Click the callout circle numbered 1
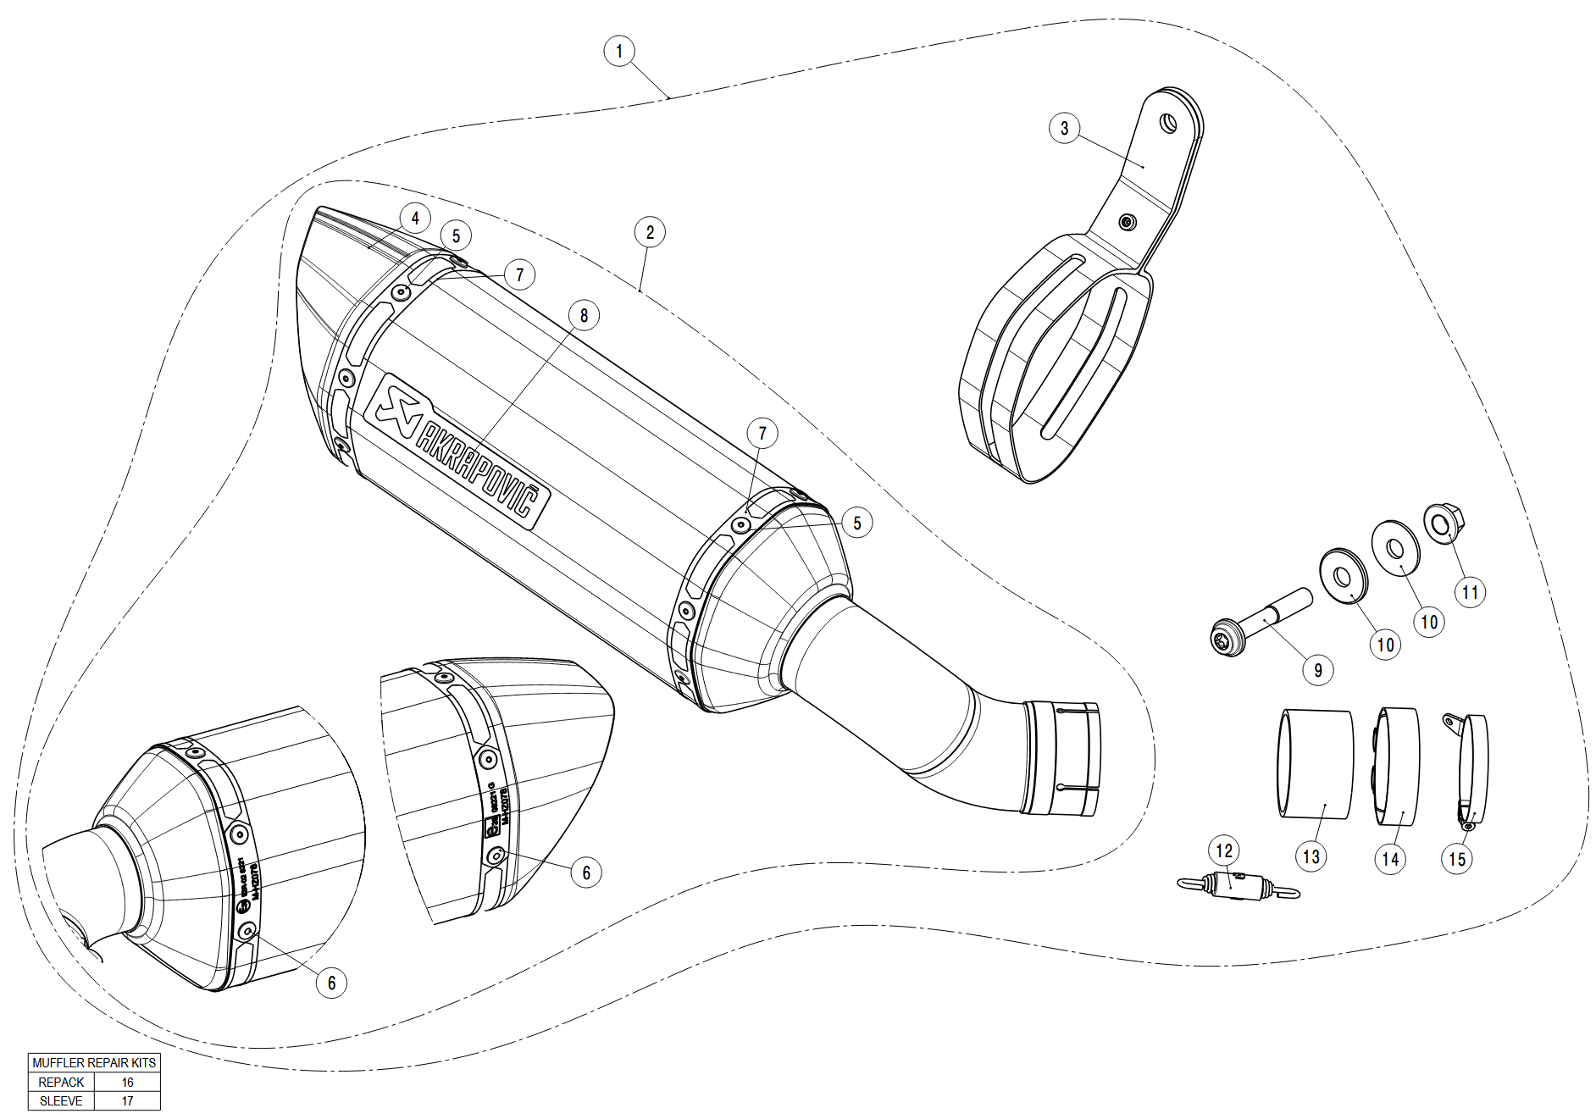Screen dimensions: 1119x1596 (619, 51)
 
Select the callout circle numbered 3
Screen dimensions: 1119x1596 (1064, 129)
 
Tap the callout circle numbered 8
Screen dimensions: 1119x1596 (584, 315)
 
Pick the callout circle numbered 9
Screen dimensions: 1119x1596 (1317, 670)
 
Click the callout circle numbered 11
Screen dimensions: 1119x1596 (1470, 592)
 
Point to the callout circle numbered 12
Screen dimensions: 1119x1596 (1224, 850)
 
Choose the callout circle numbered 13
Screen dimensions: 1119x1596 (1311, 856)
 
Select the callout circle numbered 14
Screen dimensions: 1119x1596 (1390, 858)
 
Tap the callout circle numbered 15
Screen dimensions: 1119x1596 (1457, 858)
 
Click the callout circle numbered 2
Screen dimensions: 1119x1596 (650, 232)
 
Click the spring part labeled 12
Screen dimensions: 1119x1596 (1237, 886)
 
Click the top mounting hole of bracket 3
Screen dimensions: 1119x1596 (1168, 125)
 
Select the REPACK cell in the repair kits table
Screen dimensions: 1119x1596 (61, 1082)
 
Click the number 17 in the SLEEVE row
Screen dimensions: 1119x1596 (127, 1100)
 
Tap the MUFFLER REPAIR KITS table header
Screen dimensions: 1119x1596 (94, 1062)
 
